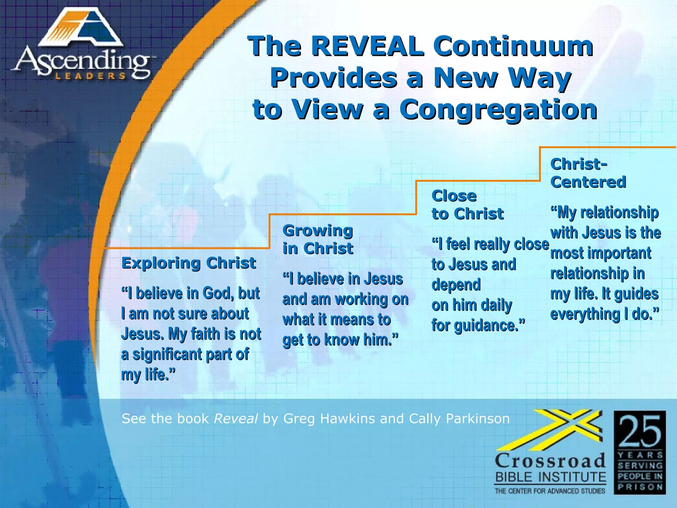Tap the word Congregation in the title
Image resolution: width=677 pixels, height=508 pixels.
498,110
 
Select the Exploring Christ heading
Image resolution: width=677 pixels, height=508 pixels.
188,263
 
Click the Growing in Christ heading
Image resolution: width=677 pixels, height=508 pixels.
318,239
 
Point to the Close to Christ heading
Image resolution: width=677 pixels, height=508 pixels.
467,205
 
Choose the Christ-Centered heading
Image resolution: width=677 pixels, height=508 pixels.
588,173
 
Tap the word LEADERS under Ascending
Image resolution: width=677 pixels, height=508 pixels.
90,76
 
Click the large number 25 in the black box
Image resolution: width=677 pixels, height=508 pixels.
640,431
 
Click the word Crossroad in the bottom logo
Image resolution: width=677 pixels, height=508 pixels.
550,461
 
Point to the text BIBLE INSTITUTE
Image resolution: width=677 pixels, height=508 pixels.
550,477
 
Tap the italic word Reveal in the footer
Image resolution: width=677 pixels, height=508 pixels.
236,419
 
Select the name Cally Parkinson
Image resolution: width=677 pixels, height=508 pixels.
459,419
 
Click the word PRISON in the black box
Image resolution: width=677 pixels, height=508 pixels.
640,487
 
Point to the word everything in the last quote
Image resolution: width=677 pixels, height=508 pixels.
585,314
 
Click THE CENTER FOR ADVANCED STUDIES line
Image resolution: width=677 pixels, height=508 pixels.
550,491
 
